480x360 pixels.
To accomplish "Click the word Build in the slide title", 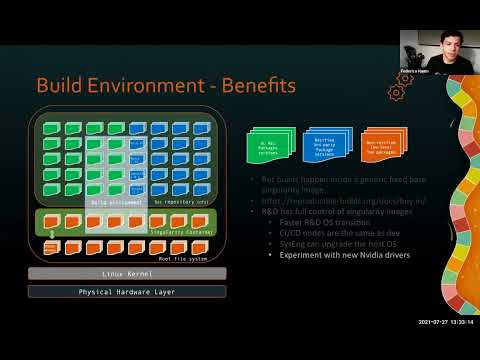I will click(x=62, y=86).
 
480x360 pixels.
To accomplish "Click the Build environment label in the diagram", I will click(x=116, y=201).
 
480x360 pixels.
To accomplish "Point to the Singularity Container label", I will click(x=177, y=232).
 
